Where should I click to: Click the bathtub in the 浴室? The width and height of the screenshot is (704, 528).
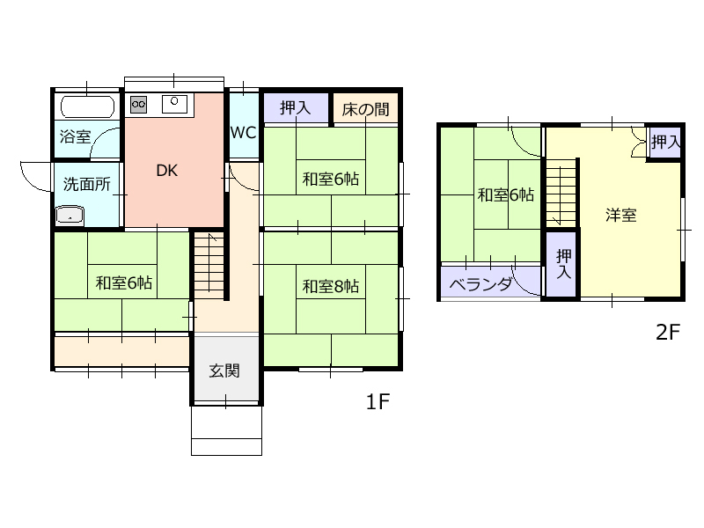[87, 106]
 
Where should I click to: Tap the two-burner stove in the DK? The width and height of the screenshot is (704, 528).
[138, 105]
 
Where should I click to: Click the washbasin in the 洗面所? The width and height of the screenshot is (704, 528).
[70, 215]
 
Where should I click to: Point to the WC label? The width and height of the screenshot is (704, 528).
[243, 133]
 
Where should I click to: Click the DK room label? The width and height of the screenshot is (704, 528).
[166, 171]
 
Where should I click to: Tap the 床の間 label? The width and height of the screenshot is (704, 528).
[365, 109]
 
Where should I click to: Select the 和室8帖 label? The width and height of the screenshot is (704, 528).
[331, 286]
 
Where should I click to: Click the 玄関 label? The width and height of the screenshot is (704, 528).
[224, 370]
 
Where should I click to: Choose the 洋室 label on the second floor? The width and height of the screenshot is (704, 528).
[621, 215]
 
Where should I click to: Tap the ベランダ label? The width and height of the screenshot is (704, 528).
[480, 284]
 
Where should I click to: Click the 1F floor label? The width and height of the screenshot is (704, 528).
[378, 401]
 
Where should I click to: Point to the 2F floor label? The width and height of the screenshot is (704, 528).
[668, 333]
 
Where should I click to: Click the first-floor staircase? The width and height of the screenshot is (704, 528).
[209, 266]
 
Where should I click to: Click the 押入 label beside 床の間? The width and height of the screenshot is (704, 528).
[295, 107]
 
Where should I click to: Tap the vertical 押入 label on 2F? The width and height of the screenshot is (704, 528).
[563, 264]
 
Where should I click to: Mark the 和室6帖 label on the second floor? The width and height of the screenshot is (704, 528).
[505, 194]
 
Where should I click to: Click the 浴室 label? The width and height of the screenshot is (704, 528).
[76, 136]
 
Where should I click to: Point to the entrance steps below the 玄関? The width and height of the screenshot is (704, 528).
[226, 430]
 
